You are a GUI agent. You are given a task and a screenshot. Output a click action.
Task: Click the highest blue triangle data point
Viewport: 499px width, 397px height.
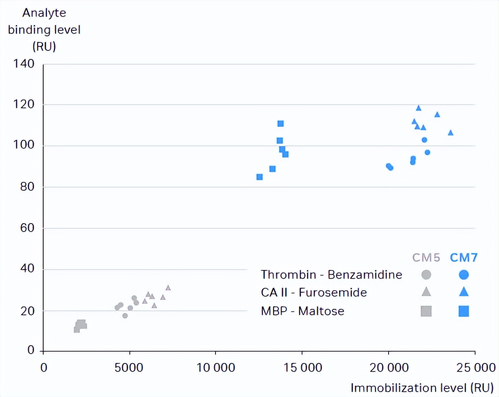419,108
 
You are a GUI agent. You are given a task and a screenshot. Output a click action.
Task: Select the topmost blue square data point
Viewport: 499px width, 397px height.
281,124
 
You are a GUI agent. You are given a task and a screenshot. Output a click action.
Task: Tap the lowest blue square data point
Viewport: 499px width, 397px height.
260,177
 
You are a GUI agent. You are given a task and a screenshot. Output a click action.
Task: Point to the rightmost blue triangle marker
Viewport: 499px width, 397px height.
450,133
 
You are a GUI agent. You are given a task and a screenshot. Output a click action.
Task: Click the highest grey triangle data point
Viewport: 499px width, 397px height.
168,288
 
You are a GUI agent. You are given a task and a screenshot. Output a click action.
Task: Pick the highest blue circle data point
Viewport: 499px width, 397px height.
424,140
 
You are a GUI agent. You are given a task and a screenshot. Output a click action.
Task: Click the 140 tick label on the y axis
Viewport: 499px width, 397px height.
24,63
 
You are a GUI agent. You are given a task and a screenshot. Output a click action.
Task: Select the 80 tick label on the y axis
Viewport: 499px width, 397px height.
27,187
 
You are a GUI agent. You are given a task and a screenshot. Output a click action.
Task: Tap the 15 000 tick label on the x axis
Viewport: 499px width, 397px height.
302,367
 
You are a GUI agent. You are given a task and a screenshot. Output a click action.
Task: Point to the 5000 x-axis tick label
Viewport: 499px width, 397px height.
129,367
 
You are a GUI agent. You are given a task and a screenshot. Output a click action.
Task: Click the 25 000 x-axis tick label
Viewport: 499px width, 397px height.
476,367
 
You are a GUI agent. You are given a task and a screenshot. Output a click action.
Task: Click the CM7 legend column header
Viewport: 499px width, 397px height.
463,258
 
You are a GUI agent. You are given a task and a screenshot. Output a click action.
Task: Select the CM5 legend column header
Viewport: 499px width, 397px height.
426,258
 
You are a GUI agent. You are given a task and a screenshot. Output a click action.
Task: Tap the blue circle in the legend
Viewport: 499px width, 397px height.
464,275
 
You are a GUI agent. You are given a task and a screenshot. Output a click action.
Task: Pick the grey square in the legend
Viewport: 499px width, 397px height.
426,311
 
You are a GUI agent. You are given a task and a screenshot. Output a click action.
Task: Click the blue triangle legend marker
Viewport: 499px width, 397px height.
464,292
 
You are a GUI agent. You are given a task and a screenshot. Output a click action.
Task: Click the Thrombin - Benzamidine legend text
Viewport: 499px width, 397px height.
331,275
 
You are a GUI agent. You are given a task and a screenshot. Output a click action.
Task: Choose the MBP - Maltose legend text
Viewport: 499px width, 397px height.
302,311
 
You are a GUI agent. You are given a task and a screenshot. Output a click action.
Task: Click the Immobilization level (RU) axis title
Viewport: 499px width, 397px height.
422,388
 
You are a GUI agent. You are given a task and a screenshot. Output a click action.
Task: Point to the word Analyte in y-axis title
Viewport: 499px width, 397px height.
44,13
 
